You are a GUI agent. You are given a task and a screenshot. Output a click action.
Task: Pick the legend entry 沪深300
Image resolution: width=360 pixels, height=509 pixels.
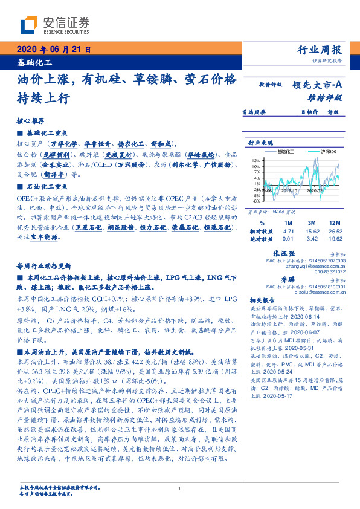click(x=326, y=151)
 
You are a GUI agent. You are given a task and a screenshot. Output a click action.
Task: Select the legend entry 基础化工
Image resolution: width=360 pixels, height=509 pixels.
click(x=288, y=151)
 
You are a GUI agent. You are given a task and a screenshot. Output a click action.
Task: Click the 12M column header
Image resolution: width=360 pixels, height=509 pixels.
click(x=333, y=223)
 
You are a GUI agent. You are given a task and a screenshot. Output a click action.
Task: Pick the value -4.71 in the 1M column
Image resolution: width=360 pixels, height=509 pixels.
click(x=288, y=231)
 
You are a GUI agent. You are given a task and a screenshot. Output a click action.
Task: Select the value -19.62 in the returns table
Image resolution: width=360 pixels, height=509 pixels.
click(x=333, y=239)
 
